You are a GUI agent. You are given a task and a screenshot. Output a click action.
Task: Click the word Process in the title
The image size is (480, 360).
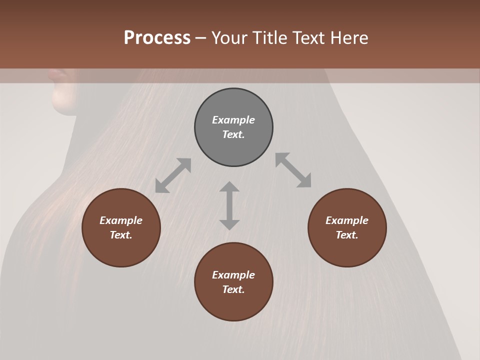(157, 38)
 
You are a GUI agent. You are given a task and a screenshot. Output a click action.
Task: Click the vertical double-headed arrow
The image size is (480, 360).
(229, 205)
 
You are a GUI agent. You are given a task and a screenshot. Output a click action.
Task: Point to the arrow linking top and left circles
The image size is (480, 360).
(173, 175)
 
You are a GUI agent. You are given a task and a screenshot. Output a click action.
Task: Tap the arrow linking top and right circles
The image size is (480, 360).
(293, 170)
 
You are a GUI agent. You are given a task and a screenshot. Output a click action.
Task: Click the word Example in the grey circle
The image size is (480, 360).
(233, 120)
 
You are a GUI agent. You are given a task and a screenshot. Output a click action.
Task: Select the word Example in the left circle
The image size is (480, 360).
(121, 220)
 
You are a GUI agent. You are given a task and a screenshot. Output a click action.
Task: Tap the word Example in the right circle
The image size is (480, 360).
(347, 220)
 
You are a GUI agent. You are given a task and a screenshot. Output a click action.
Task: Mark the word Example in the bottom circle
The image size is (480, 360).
(233, 275)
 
